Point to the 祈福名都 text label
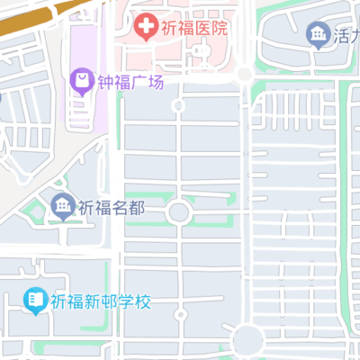click(112, 208)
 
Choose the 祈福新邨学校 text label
click(100, 299)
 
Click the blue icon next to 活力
click(318, 36)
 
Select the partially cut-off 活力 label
click(346, 37)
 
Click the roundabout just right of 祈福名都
click(178, 212)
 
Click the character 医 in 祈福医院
click(202, 27)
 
